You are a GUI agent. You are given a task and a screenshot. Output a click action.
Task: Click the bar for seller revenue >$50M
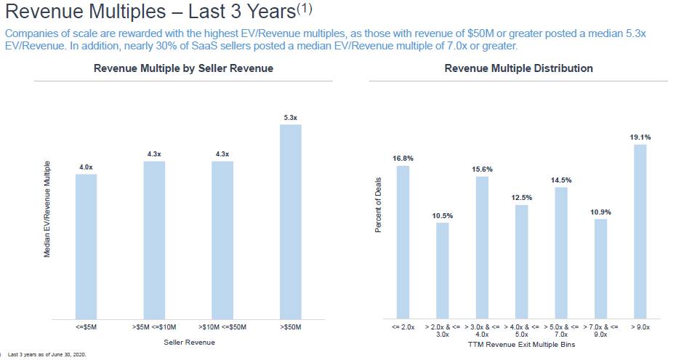click(x=291, y=221)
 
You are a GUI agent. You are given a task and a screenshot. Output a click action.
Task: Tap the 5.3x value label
click(x=291, y=117)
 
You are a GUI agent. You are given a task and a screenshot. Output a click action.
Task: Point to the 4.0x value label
click(x=86, y=167)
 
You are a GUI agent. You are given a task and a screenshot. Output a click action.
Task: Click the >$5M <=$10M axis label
click(x=154, y=328)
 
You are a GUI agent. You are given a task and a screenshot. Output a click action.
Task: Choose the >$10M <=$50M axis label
click(x=222, y=328)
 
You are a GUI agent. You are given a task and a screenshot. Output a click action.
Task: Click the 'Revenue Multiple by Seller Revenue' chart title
click(x=183, y=69)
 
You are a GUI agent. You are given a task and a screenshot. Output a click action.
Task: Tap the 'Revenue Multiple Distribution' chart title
click(x=518, y=69)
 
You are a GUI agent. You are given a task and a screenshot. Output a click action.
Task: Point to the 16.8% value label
click(x=403, y=158)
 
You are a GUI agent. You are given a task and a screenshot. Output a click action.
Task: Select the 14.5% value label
click(x=561, y=180)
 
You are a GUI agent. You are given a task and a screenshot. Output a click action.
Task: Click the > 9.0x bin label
click(x=640, y=327)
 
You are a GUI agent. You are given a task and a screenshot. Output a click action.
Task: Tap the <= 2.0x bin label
click(x=403, y=327)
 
